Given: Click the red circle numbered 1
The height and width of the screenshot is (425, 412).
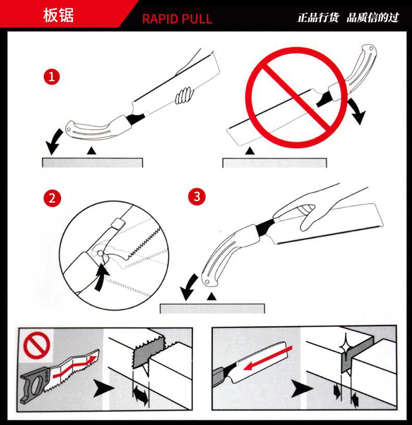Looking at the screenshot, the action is (x=52, y=77).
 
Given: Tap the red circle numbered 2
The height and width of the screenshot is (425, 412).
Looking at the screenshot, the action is (x=52, y=198).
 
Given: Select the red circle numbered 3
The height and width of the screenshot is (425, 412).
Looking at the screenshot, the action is (x=197, y=196).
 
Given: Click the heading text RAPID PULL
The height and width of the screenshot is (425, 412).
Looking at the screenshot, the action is (x=177, y=19).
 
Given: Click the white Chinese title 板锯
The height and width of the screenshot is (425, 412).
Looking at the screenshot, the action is (x=58, y=15).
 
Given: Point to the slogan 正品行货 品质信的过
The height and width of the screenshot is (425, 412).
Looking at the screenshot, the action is (x=348, y=18).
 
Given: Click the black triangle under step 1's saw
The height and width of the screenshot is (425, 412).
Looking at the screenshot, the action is (x=92, y=151).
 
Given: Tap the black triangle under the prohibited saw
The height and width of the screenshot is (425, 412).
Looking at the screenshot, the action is (x=250, y=151).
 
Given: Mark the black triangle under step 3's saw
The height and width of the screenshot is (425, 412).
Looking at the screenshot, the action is (x=211, y=296).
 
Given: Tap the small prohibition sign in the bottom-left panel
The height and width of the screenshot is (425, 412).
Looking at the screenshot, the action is (x=37, y=345).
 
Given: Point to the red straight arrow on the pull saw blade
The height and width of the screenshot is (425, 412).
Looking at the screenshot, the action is (x=268, y=358).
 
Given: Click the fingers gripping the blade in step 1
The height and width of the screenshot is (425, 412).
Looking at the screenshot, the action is (x=184, y=96).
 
